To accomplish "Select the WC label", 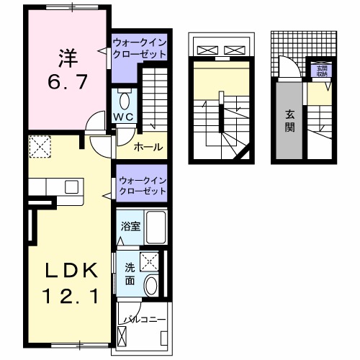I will pyautogui.click(x=121, y=117).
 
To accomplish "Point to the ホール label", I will pyautogui.click(x=148, y=148).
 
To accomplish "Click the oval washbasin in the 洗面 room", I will pyautogui.click(x=152, y=286).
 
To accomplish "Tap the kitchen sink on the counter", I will pyautogui.click(x=71, y=186).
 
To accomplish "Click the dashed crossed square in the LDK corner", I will pyautogui.click(x=40, y=148).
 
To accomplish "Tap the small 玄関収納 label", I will pyautogui.click(x=320, y=70).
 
